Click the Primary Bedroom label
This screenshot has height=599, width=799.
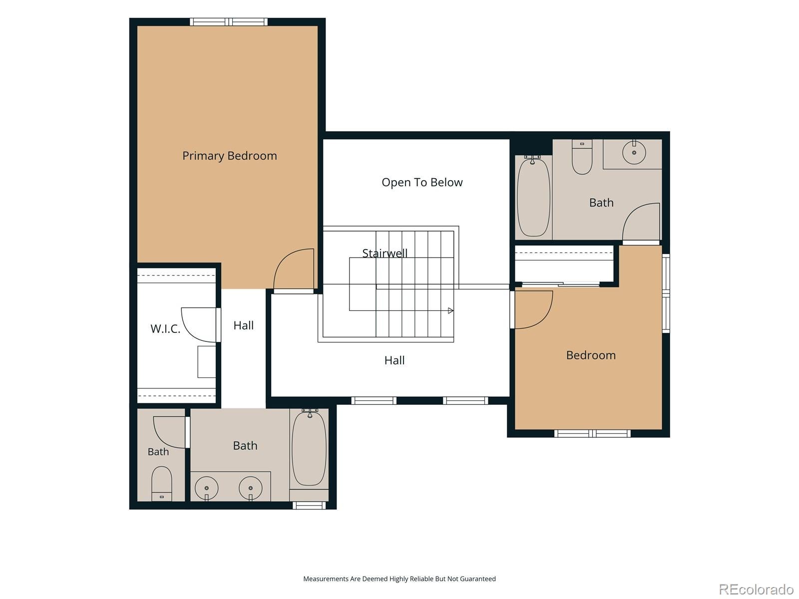(x=229, y=156)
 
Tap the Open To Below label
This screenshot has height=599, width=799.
(x=422, y=182)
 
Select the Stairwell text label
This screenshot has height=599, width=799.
(x=385, y=253)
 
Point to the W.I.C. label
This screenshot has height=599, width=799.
(x=165, y=328)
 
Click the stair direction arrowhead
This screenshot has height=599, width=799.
(x=450, y=310)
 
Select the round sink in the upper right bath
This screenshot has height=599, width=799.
(x=634, y=152)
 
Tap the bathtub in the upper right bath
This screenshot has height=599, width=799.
(x=533, y=196)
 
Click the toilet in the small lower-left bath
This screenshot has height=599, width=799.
(x=161, y=484)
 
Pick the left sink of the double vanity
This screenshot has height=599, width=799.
(x=206, y=488)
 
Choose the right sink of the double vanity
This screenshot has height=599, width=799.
(x=251, y=488)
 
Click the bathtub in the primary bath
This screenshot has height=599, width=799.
(x=309, y=448)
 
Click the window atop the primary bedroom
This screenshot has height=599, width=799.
(x=229, y=22)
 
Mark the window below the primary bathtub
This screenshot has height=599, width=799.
(x=309, y=505)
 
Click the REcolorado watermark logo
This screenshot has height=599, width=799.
(x=756, y=589)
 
